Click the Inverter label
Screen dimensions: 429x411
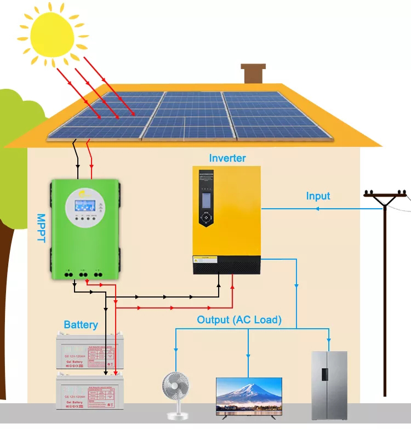[227, 158]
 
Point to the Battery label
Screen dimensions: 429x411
[81, 324]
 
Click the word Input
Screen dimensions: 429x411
[318, 196]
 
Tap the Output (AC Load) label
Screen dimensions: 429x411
[239, 320]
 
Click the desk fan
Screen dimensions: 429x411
[176, 390]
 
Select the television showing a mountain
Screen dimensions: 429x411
[249, 396]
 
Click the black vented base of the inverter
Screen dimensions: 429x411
[226, 267]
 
